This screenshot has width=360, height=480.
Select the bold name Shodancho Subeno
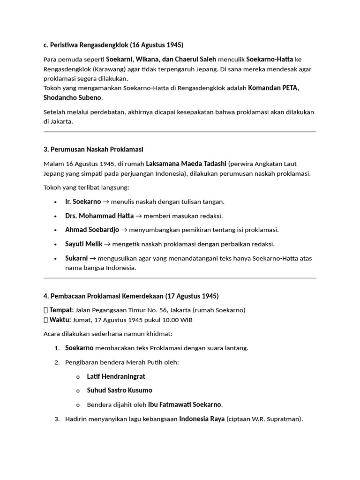click(x=73, y=97)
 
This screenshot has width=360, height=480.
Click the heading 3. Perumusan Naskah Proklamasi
click(x=93, y=149)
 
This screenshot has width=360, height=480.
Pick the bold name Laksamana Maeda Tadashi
click(x=186, y=164)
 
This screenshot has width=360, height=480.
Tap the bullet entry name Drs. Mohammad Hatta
click(x=99, y=216)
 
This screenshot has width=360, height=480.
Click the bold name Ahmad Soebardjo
click(x=92, y=230)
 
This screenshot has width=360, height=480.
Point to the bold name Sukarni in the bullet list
click(x=76, y=258)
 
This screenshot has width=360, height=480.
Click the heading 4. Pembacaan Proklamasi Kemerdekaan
click(x=130, y=296)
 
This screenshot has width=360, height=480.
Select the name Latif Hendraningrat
click(x=116, y=376)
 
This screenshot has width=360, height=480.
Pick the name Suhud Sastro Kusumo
click(x=120, y=390)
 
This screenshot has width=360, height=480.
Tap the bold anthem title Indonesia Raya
click(x=202, y=419)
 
